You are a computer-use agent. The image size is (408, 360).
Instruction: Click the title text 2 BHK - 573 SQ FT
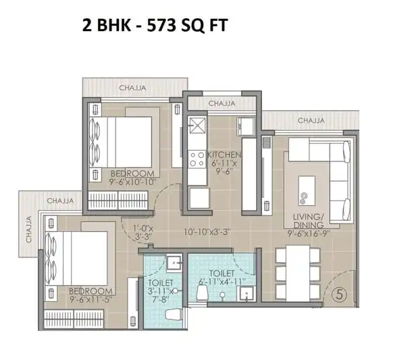155,26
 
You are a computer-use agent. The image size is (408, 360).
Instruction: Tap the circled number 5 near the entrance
340,294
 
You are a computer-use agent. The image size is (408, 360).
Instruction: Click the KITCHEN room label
224,155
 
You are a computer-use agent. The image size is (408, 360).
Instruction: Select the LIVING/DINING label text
309,221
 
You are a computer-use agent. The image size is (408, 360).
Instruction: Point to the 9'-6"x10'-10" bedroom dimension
132,182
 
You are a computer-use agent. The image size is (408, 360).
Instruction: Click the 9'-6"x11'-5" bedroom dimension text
91,299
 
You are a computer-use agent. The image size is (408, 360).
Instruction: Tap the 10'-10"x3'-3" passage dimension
207,232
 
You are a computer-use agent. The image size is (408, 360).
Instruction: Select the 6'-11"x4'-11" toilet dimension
222,282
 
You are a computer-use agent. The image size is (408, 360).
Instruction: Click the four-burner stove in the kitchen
197,159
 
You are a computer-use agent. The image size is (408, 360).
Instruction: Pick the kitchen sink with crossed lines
197,126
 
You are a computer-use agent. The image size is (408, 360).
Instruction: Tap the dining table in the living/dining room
298,273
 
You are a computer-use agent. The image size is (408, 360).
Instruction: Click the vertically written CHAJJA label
28,229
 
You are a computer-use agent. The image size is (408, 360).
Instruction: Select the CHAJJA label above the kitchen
222,103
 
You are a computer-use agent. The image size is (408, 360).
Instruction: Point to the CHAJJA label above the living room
311,121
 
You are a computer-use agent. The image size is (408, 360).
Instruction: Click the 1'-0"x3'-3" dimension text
143,232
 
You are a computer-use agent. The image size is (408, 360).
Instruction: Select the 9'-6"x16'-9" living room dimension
309,233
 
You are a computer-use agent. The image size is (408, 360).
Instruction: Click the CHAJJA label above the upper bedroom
132,88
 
